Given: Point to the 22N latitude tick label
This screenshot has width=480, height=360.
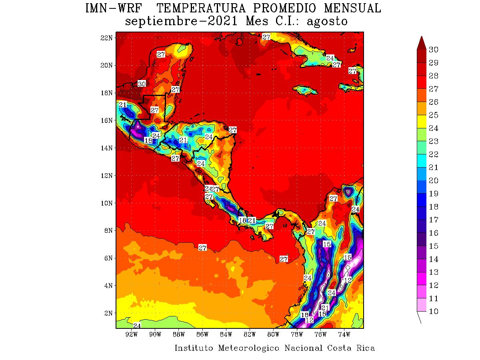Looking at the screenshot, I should tap(106, 38).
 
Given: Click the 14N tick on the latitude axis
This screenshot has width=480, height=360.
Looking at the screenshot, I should tap(106, 148).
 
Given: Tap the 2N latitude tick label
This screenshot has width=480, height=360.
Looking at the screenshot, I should tap(108, 313).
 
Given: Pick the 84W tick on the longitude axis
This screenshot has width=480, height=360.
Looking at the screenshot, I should tap(226, 334).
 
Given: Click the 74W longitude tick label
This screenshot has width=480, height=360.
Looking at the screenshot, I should tap(344, 334).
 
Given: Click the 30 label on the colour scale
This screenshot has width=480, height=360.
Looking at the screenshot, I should tap(434, 50).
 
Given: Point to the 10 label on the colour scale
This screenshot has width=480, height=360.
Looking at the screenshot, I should tap(434, 312).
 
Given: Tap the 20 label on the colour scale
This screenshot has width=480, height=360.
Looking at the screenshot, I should tap(434, 180).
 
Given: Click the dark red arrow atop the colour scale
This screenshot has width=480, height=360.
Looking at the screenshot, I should tap(421, 42).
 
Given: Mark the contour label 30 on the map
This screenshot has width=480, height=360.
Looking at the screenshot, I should tap(142, 84).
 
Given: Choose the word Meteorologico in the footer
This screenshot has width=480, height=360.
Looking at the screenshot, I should tap(249, 348).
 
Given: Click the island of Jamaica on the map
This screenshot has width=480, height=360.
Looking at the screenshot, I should tap(306, 90).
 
